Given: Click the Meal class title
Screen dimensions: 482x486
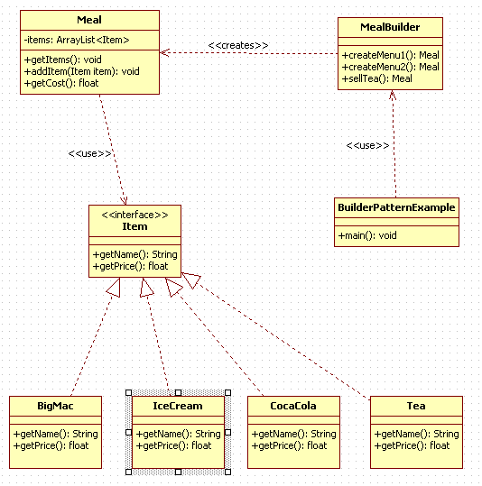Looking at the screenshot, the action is [x=89, y=20].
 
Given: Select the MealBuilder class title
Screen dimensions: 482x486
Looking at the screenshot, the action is [x=390, y=27].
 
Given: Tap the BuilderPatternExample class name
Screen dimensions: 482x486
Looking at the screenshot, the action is [x=396, y=207].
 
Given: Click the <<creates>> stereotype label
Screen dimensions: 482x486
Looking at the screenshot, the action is [x=238, y=45].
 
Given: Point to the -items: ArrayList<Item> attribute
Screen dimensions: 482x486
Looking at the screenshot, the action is [x=77, y=40].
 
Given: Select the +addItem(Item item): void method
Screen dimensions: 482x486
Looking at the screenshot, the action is [x=82, y=71].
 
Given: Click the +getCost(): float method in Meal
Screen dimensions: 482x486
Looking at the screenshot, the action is [x=61, y=83].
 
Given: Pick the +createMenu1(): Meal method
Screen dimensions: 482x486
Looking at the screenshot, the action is [x=390, y=55].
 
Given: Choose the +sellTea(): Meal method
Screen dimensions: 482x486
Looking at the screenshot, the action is [x=376, y=78].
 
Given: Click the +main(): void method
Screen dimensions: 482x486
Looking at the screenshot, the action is [x=367, y=235].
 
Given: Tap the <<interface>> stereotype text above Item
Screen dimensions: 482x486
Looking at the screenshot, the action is [x=134, y=215].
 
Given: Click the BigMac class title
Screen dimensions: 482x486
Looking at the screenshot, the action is [x=55, y=406].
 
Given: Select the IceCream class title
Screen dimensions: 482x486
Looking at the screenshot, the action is [x=178, y=406].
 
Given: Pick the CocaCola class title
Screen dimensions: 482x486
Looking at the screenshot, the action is [x=293, y=406].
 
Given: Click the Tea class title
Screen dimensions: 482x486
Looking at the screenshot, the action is [x=416, y=406].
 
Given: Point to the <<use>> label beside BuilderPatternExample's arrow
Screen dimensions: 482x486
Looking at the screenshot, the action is [x=367, y=145].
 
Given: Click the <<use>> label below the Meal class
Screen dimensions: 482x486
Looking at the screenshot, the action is [x=89, y=153].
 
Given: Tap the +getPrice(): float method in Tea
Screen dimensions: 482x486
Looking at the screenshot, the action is [x=412, y=445].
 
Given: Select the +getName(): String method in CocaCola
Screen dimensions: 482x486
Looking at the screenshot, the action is [x=293, y=434].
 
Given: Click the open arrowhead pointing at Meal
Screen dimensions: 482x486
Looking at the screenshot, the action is [x=164, y=52].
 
